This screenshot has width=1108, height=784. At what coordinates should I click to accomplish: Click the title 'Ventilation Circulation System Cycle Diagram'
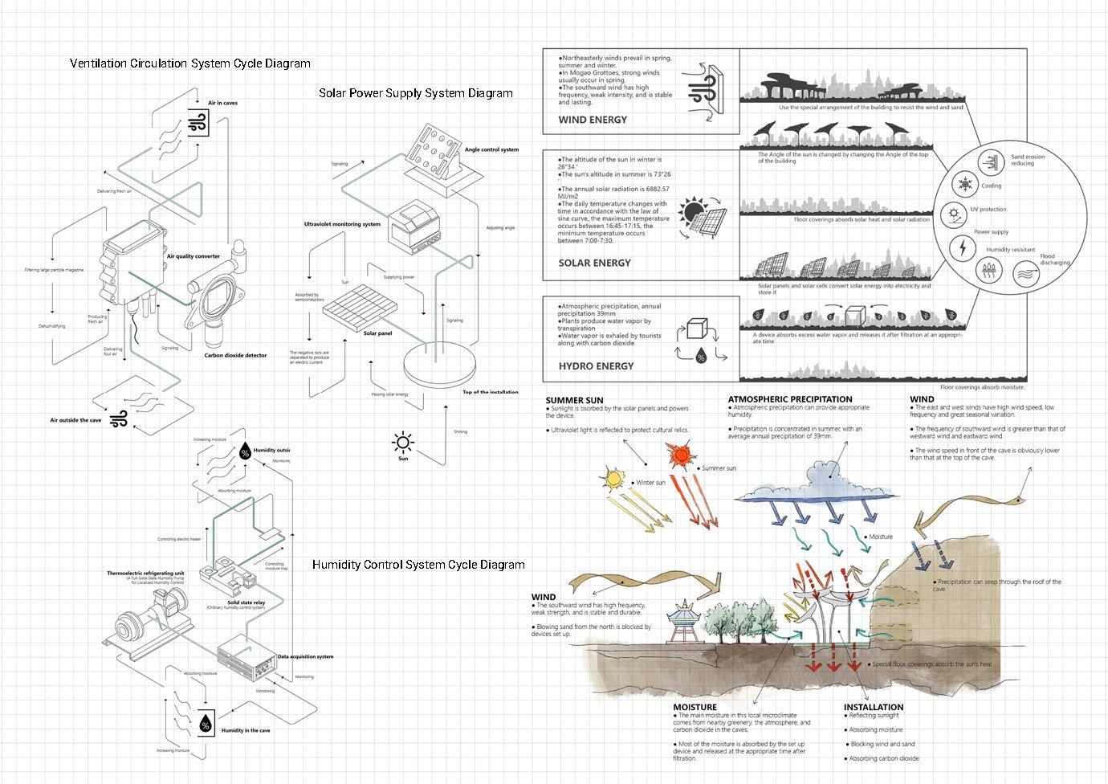(189, 63)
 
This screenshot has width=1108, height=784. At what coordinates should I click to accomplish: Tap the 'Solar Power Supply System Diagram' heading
(415, 93)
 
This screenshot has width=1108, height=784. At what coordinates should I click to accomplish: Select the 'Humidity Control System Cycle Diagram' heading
(418, 565)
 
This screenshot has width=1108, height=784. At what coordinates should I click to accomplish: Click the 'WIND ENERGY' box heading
(593, 120)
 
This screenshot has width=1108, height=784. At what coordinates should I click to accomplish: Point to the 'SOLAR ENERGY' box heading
(594, 263)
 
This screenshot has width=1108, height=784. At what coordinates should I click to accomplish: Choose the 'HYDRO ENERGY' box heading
(596, 365)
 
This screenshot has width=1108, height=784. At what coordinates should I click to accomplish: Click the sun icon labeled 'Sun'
(403, 442)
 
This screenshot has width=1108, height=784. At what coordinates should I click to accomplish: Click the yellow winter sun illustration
(615, 480)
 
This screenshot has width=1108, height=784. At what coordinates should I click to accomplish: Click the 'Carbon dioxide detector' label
(235, 355)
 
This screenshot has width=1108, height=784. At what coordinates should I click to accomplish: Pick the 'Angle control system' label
(491, 149)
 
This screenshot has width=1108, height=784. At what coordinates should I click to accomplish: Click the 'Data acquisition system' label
(305, 656)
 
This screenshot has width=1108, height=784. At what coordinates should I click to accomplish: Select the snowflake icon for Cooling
(963, 186)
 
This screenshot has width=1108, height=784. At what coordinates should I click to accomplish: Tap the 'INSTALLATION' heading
(873, 708)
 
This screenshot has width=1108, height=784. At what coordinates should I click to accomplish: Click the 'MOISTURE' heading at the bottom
(695, 708)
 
